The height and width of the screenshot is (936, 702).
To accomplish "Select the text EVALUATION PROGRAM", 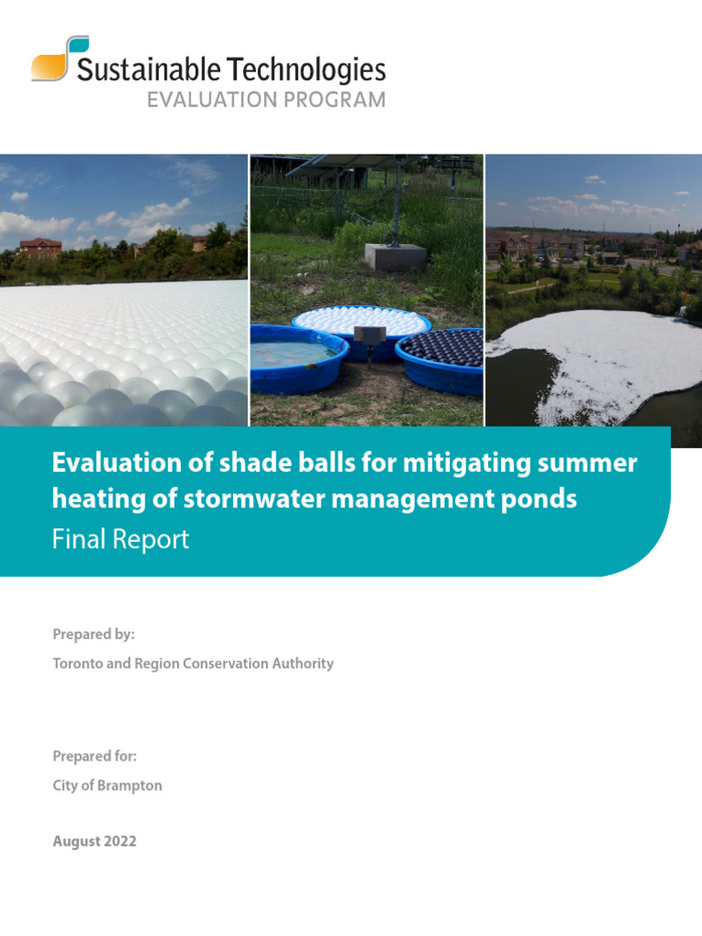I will pos(266,100).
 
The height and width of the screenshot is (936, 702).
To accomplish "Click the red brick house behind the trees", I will pos(39,248).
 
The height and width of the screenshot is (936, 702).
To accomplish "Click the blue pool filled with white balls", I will pos(361,322).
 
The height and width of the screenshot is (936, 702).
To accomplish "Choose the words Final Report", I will pos(121,539).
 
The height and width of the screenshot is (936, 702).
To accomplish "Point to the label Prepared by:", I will pos(93,633).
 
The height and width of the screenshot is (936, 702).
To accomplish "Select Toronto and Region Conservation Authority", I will pos(193,663).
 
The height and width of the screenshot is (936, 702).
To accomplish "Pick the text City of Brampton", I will pos(107,785).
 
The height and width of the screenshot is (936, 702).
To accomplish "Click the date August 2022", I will pos(94,841).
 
